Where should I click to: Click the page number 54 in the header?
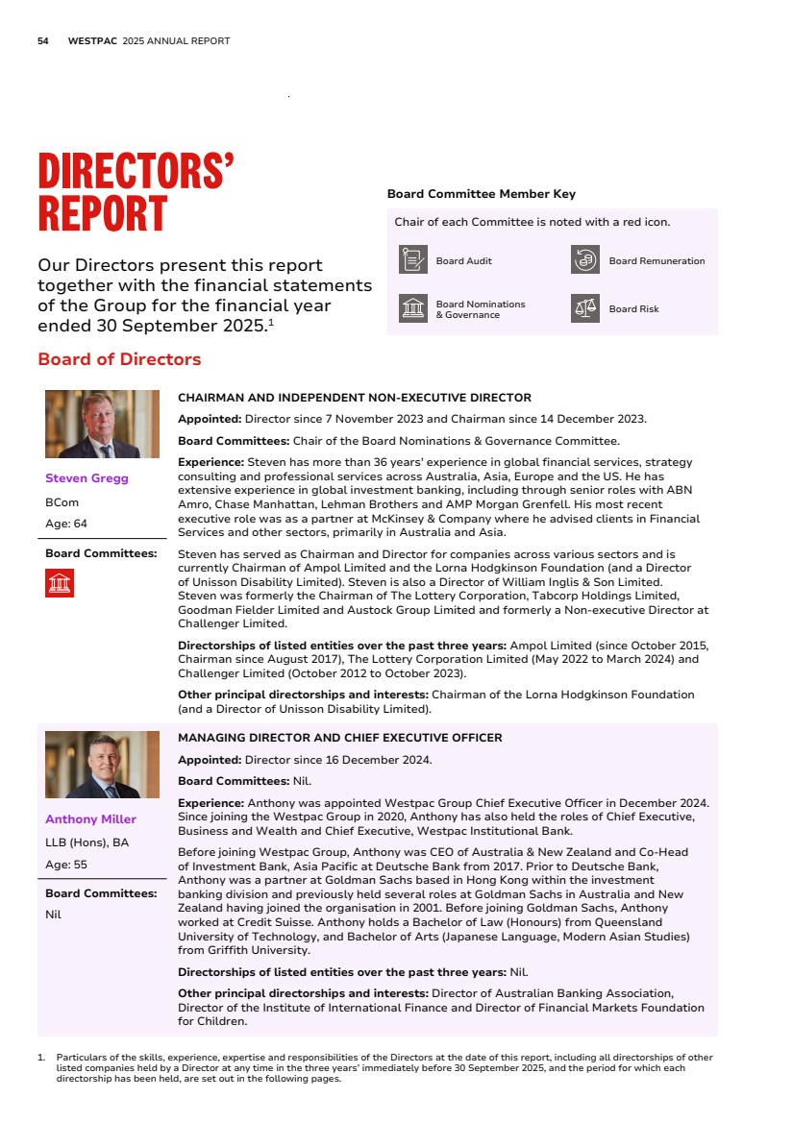[42, 41]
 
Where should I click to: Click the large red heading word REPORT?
[102, 213]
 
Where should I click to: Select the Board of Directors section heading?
[119, 359]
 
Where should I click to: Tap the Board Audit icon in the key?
[413, 260]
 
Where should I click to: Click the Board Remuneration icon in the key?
[585, 260]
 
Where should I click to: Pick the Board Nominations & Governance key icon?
[413, 308]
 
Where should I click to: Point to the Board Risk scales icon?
[585, 308]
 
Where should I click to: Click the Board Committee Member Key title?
[481, 194]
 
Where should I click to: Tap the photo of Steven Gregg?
[102, 424]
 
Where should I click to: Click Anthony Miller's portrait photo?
[102, 765]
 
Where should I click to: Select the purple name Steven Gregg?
[87, 478]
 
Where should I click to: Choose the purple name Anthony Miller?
[90, 819]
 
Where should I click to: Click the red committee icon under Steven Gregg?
[60, 582]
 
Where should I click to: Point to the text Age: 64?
[65, 524]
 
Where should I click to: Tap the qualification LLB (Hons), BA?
[87, 842]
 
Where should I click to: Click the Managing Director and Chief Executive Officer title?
[340, 738]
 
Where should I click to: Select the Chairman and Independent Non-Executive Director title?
[355, 397]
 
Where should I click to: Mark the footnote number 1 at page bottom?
[40, 1057]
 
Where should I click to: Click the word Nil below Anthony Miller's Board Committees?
[53, 915]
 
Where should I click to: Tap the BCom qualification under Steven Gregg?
[62, 501]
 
